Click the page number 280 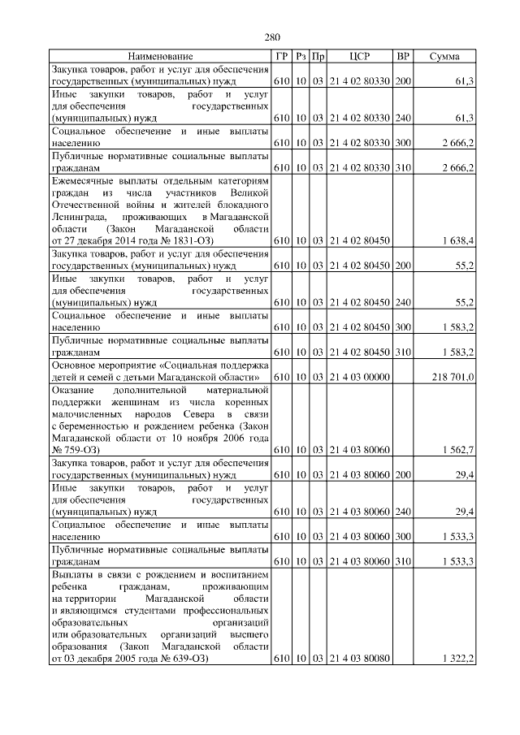tap(272, 37)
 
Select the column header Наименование tap(160, 56)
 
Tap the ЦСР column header tap(360, 56)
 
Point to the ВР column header tap(402, 56)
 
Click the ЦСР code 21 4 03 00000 tap(360, 377)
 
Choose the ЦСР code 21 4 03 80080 tap(360, 658)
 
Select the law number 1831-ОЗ tap(193, 240)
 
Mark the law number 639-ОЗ tap(188, 658)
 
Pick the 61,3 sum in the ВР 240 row tap(464, 118)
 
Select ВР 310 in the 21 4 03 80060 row tap(402, 561)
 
